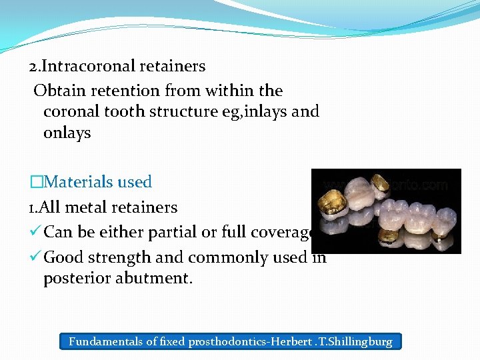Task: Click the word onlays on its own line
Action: [x=67, y=133]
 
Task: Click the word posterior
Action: [x=78, y=279]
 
